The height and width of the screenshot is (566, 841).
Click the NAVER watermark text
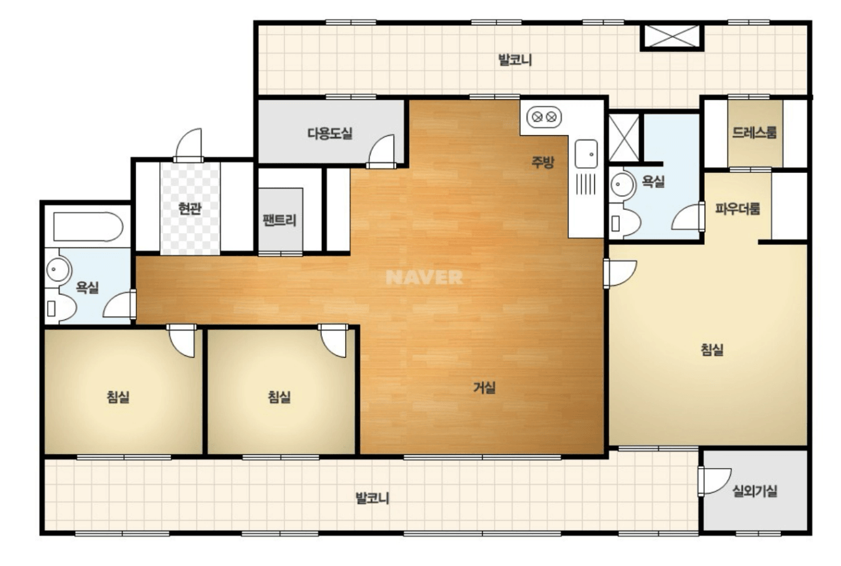pos(424,277)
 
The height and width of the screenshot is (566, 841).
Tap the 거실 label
pos(484,387)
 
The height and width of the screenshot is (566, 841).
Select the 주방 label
pos(543,161)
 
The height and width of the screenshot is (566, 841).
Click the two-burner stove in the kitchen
pos(544,117)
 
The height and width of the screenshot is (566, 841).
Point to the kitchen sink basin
pos(586,153)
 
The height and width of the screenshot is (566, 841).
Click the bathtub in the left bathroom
pos(88,227)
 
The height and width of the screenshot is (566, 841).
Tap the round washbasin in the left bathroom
pos(57,269)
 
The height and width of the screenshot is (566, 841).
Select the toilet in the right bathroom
pos(624,223)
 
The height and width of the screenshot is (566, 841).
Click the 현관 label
pos(190,208)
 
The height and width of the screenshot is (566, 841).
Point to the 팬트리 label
pos(280,220)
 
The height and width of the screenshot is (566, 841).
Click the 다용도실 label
pos(330,133)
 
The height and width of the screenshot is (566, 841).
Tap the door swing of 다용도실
pos(382,151)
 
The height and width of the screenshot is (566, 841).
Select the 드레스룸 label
pos(754,133)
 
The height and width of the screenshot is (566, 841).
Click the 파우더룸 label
pos(737,208)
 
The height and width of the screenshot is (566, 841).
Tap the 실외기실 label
pos(755,491)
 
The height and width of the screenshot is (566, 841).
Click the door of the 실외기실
pos(714,481)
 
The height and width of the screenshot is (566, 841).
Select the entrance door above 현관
pos(189,145)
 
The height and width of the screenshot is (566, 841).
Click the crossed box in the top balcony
pos(671,37)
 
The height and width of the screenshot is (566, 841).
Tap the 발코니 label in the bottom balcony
pos(372,498)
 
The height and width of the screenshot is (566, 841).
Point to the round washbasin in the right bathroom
pos(620,184)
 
